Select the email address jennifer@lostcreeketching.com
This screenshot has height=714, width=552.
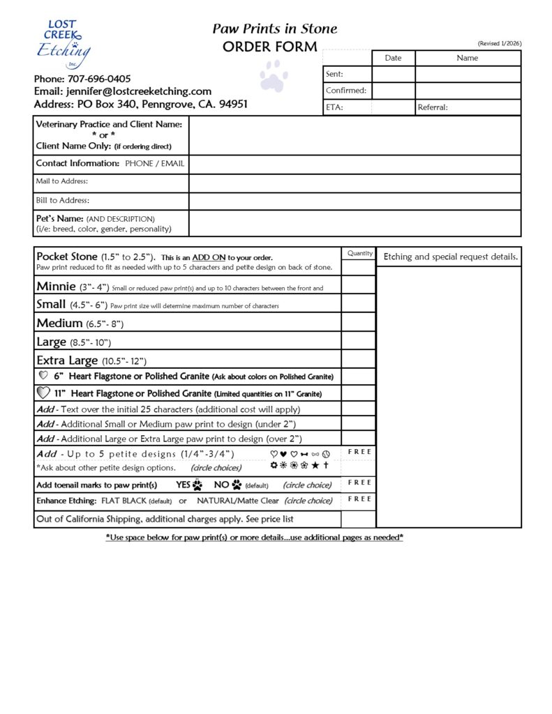pyautogui.click(x=139, y=91)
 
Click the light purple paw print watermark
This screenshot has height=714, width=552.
pyautogui.click(x=274, y=75)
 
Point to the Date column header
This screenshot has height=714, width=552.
pyautogui.click(x=393, y=58)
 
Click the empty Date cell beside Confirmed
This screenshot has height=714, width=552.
pyautogui.click(x=394, y=91)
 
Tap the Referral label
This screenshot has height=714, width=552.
pyautogui.click(x=433, y=107)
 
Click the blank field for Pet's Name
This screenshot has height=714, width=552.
pyautogui.click(x=355, y=223)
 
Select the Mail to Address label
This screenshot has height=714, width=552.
pyautogui.click(x=62, y=182)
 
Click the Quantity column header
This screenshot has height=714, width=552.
pyautogui.click(x=359, y=254)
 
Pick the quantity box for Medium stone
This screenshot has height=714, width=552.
pyautogui.click(x=359, y=323)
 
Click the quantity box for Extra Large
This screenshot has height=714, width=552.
pyautogui.click(x=359, y=360)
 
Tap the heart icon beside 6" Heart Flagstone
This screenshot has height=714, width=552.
pyautogui.click(x=43, y=376)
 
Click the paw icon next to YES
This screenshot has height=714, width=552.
pyautogui.click(x=197, y=485)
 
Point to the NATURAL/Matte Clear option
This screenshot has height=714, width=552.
pyautogui.click(x=237, y=501)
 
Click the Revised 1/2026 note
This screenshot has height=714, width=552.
pyautogui.click(x=499, y=44)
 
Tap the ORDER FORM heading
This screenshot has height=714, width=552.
pyautogui.click(x=269, y=47)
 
